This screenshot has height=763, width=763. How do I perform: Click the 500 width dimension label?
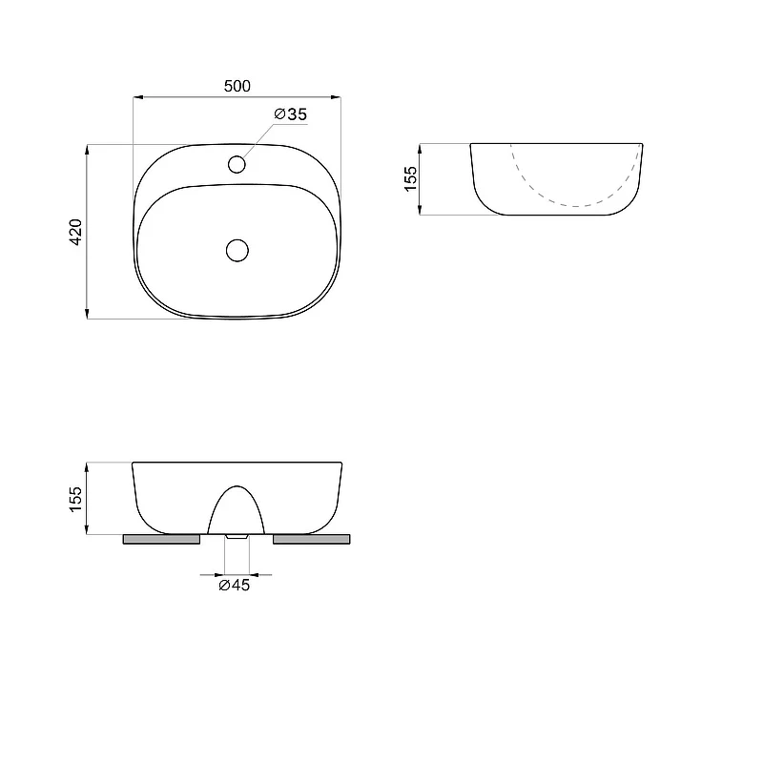(237, 86)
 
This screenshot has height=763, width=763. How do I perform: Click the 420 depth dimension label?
(76, 232)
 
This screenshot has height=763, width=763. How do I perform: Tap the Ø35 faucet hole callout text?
(291, 114)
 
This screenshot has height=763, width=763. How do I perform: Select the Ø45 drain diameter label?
(234, 585)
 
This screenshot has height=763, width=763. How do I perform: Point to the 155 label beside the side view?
(411, 178)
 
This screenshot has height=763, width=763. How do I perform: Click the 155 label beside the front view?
(76, 499)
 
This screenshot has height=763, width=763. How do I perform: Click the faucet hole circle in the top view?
(237, 164)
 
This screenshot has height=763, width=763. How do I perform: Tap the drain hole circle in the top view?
(237, 250)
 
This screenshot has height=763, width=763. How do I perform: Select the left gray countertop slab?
(161, 539)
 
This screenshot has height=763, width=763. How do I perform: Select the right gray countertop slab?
(312, 539)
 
